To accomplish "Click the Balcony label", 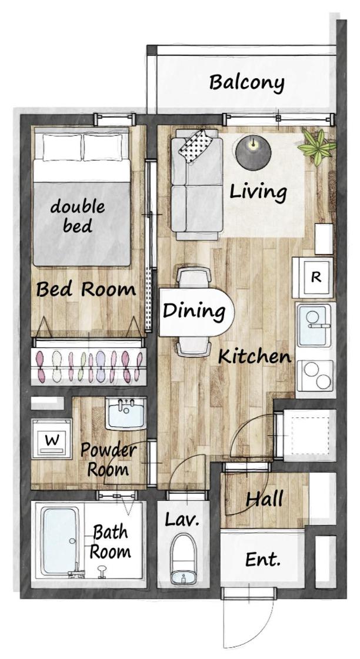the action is tap(247, 83).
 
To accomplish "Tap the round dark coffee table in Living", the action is tap(253, 153).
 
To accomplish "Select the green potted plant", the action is tap(318, 147).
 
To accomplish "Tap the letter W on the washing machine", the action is tap(52, 440).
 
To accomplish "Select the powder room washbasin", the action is tap(126, 413).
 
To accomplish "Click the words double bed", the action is tap(78, 216).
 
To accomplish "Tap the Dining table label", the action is tap(194, 312).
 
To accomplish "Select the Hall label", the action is tap(265, 499).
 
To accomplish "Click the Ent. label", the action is tap(263, 560).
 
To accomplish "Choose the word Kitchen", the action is tap(255, 357).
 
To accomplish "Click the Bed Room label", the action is tap(86, 290).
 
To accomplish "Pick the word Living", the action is tap(258, 192).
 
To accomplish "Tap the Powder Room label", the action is tap(108, 459).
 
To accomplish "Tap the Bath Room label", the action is tap(110, 542).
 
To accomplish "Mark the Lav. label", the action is tap(182, 520).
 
